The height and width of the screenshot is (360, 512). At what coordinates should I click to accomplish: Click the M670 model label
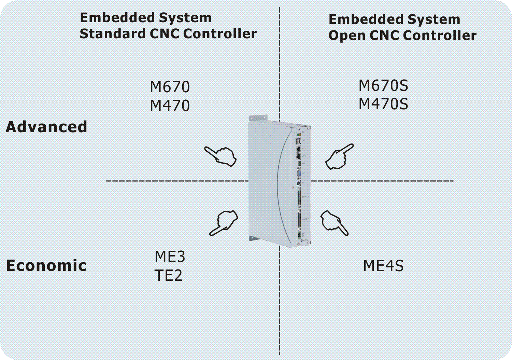(170, 87)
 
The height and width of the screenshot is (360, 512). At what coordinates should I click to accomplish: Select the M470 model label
(170, 106)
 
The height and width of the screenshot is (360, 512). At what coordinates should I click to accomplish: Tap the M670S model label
(383, 85)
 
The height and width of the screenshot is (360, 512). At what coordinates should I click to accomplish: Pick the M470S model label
(383, 104)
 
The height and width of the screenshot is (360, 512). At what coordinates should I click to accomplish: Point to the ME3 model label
(170, 257)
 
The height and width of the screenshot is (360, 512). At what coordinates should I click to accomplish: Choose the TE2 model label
(168, 275)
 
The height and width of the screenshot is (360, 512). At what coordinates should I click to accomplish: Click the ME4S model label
(383, 266)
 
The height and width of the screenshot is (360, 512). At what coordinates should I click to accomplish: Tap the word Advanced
(46, 127)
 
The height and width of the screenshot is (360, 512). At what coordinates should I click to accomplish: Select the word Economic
(46, 265)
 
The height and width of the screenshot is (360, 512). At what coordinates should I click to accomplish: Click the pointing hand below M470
(221, 156)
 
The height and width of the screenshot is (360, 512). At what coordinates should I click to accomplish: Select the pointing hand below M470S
(339, 157)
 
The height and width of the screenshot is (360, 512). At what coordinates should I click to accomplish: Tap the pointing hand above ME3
(224, 222)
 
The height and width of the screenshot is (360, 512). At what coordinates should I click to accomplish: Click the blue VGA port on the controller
(299, 174)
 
